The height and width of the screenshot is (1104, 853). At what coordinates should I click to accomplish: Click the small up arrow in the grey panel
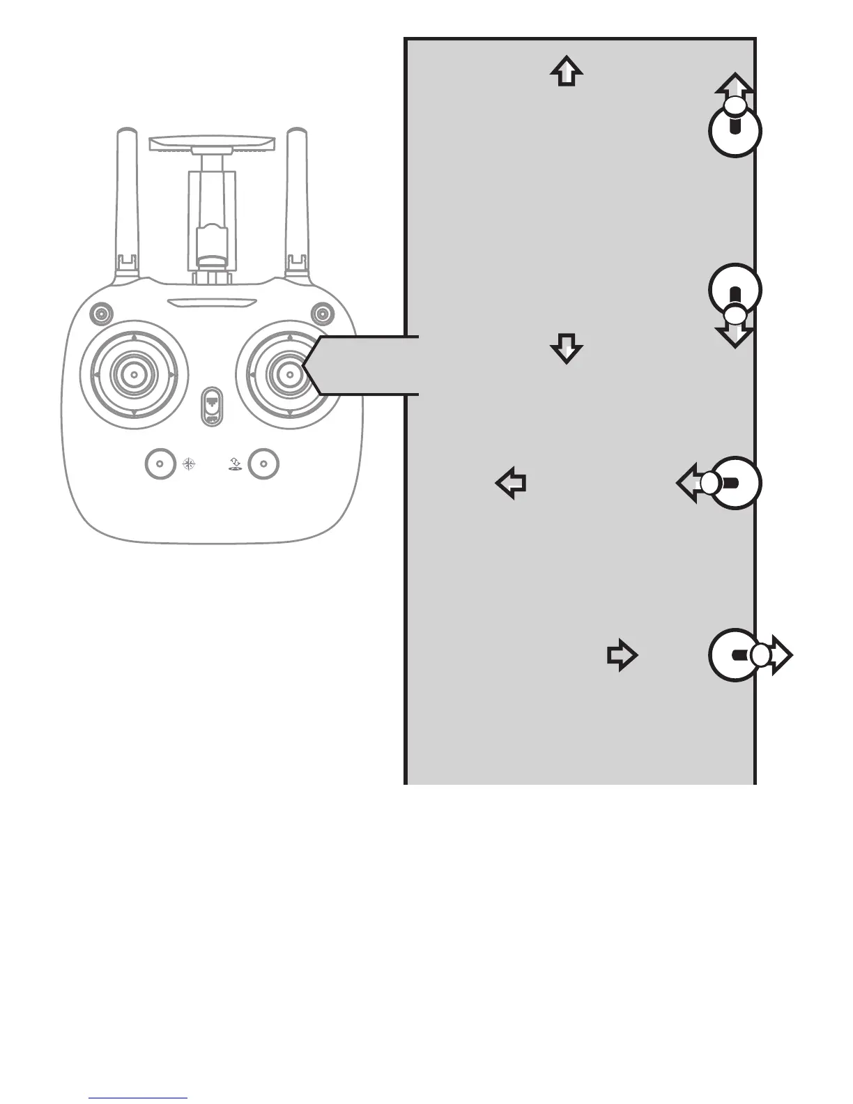(x=567, y=71)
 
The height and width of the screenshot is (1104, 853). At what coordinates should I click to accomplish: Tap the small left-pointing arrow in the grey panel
(x=511, y=483)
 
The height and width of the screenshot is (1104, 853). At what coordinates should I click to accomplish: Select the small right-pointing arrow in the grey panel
(x=622, y=656)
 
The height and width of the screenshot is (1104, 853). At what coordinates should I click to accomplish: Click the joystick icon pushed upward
(x=735, y=125)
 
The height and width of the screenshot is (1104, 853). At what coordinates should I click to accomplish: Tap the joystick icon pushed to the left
(x=728, y=483)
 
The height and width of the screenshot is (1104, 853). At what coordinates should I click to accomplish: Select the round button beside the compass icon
(x=161, y=463)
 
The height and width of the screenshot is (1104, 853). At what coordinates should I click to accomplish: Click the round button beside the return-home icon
(x=263, y=463)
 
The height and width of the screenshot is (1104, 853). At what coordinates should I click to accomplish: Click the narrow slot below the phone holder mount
(x=212, y=304)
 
